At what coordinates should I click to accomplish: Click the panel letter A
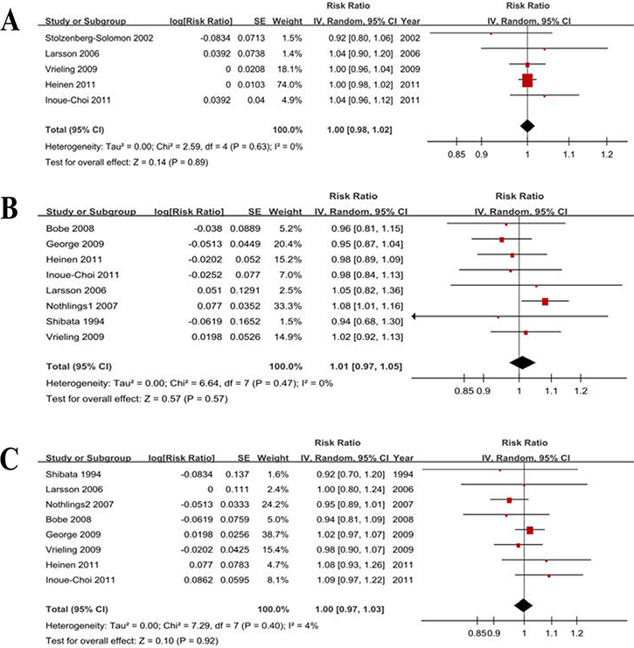[10, 21]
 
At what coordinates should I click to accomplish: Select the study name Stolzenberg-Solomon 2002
[99, 38]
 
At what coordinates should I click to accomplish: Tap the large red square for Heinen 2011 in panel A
[527, 80]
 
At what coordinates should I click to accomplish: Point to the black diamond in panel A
[527, 126]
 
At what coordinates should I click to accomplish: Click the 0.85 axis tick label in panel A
[456, 155]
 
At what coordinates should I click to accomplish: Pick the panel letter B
[9, 208]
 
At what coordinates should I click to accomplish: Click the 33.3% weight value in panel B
[288, 306]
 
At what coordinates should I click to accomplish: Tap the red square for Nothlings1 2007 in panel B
[545, 302]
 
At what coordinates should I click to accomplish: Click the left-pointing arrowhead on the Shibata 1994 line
[415, 317]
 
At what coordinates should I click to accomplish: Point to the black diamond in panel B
[522, 362]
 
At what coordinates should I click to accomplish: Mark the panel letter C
[10, 458]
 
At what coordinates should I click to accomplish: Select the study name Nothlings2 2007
[80, 505]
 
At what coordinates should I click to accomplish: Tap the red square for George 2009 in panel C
[530, 530]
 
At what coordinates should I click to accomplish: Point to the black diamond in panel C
[524, 605]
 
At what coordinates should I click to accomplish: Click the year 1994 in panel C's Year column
[403, 475]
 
